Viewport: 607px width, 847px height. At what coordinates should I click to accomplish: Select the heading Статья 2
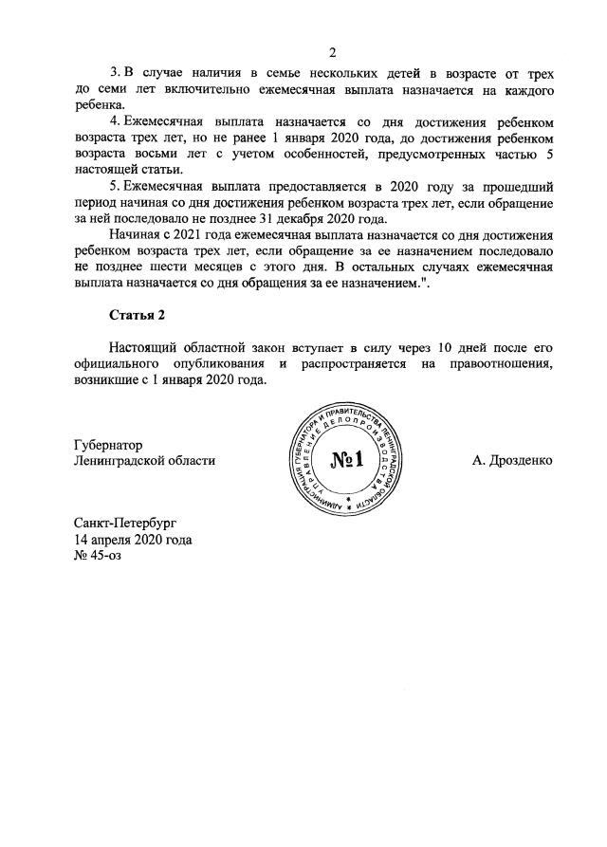click(x=139, y=315)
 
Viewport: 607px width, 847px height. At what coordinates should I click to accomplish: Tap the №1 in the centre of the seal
click(x=348, y=461)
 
